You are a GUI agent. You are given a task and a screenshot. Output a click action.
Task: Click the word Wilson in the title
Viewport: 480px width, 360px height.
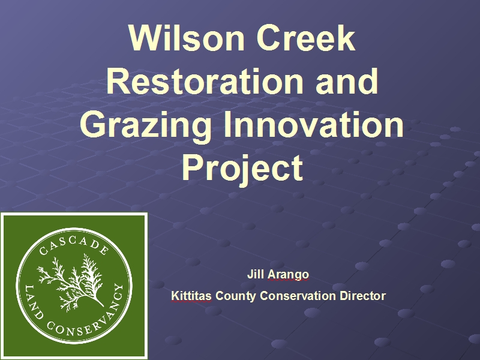pyautogui.click(x=187, y=38)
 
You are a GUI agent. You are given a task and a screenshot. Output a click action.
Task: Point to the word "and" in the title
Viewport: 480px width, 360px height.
pyautogui.click(x=347, y=81)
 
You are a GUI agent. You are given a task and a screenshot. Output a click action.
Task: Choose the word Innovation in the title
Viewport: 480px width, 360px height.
pyautogui.click(x=314, y=124)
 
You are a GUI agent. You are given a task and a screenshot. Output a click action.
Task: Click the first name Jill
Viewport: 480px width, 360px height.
pyautogui.click(x=256, y=274)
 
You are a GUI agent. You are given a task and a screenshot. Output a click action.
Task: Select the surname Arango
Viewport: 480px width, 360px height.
pyautogui.click(x=288, y=275)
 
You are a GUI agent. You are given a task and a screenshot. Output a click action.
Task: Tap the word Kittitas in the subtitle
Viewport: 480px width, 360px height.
pyautogui.click(x=191, y=296)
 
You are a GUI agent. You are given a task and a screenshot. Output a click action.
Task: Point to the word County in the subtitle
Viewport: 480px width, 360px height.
pyautogui.click(x=236, y=296)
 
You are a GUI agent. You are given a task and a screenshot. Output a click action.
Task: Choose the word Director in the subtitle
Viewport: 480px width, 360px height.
pyautogui.click(x=363, y=296)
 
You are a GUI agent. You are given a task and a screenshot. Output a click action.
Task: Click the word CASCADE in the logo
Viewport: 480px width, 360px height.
pyautogui.click(x=74, y=244)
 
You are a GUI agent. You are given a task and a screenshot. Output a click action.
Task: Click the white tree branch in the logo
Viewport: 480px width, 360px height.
pyautogui.click(x=73, y=281)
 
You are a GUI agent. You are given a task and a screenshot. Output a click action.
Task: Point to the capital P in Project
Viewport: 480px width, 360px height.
pyautogui.click(x=192, y=168)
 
